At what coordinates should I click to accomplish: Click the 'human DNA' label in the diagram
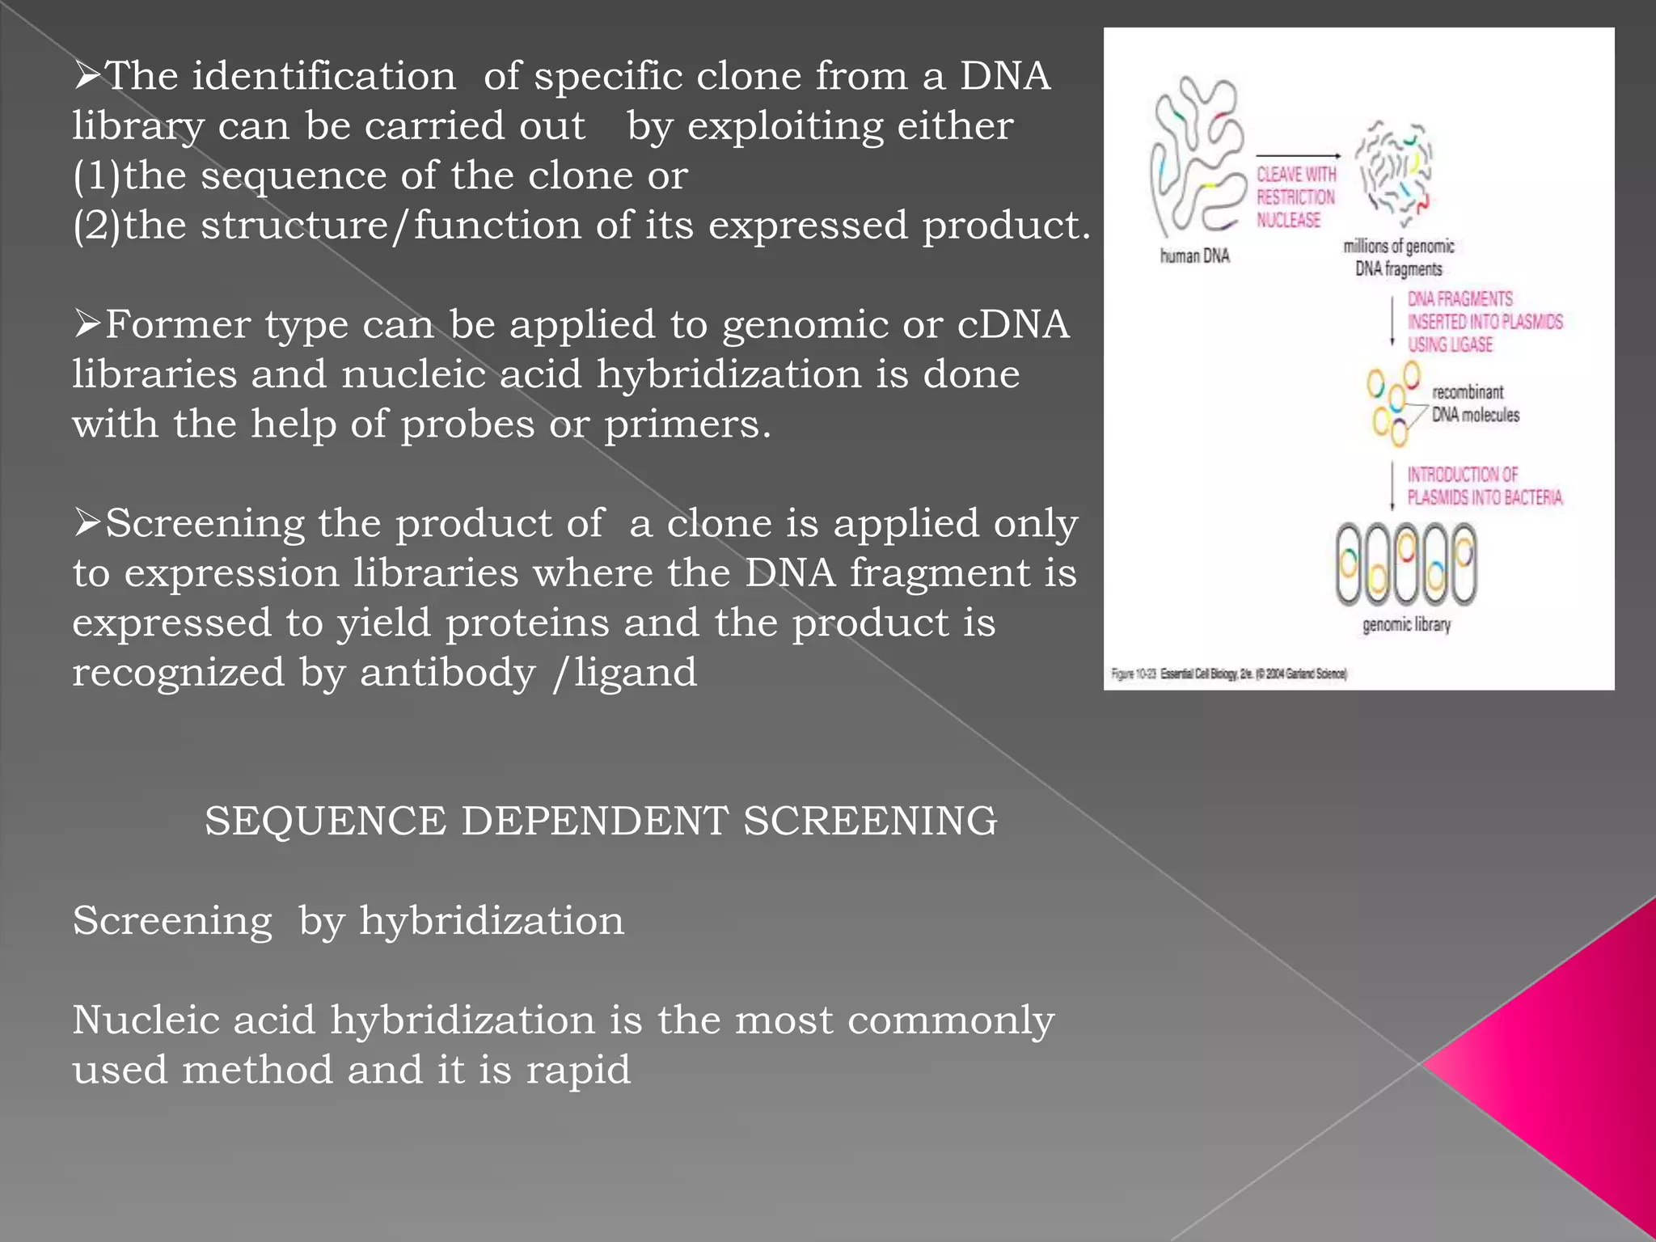[x=1194, y=256]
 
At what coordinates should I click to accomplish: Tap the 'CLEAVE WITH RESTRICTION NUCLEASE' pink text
[x=1295, y=197]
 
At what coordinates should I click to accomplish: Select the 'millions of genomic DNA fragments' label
[x=1399, y=257]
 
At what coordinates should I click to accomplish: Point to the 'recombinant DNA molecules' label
[x=1475, y=403]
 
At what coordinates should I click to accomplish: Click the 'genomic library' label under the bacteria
[x=1406, y=625]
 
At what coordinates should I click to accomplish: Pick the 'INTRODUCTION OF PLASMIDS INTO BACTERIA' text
[x=1484, y=486]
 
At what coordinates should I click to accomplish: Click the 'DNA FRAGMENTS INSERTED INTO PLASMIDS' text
[x=1485, y=321]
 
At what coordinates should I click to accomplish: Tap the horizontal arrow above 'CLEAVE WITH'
[x=1297, y=155]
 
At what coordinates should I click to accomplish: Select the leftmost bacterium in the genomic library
[x=1348, y=564]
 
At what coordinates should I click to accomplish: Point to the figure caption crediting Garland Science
[x=1229, y=674]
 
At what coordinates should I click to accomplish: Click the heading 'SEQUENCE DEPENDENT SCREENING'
[x=601, y=821]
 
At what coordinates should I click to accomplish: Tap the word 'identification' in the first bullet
[x=323, y=76]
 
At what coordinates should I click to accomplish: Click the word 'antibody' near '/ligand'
[x=447, y=673]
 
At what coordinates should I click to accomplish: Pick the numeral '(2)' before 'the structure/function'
[x=96, y=225]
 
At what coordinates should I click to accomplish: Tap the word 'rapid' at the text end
[x=578, y=1070]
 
